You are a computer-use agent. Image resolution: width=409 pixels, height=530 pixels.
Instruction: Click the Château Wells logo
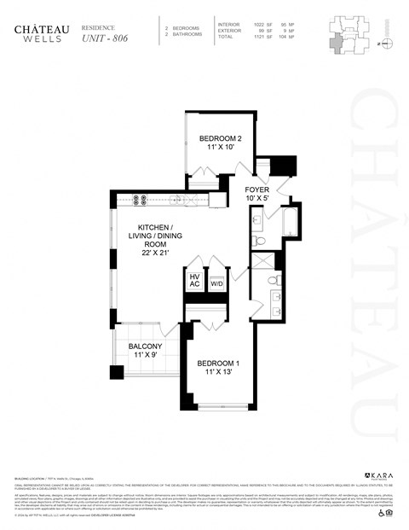coord(35,32)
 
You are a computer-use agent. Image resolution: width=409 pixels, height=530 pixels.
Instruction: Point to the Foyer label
coord(256,189)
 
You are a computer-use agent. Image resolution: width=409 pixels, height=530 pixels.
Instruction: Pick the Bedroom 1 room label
coord(218,364)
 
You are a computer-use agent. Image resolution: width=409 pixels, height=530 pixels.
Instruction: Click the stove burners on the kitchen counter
coord(141,201)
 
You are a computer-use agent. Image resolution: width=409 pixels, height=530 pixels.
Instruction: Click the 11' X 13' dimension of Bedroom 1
coord(218,373)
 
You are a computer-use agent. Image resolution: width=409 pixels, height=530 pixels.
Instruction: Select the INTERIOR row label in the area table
coord(228,25)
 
